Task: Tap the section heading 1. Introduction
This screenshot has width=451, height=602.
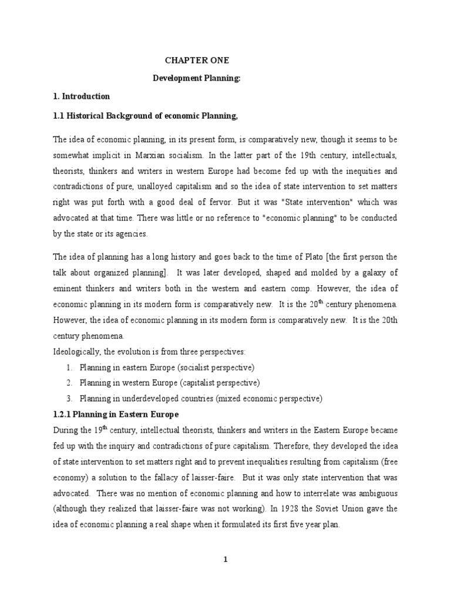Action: coord(82,96)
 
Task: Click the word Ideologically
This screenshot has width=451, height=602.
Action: coord(80,351)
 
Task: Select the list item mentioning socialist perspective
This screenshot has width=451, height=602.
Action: coord(158,367)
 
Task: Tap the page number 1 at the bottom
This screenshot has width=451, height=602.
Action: coord(225,559)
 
